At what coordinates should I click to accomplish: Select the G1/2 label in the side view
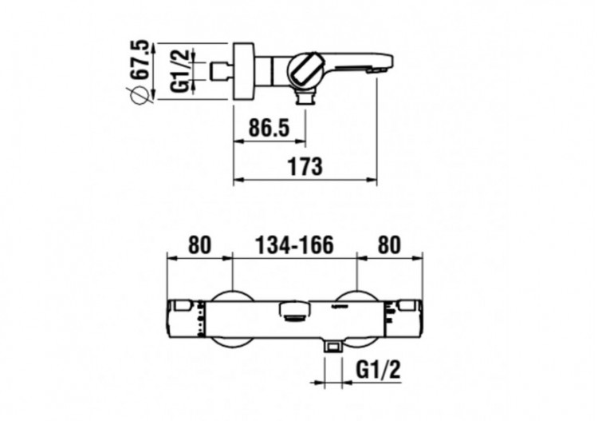(179, 70)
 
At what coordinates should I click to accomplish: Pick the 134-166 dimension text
(293, 244)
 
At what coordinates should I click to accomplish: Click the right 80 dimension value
(389, 244)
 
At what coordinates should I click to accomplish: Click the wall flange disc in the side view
(242, 70)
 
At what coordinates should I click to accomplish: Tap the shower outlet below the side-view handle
(304, 98)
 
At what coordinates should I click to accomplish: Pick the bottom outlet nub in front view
(332, 346)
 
